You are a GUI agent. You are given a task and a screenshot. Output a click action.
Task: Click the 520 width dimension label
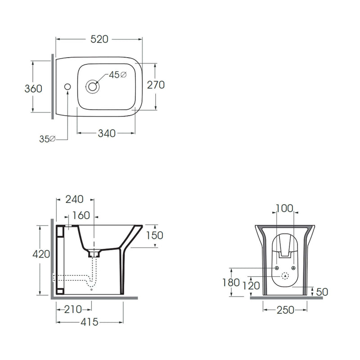99,39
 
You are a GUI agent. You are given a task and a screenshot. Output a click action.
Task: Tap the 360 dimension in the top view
33,89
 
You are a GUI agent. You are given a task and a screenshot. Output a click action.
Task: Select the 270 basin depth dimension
156,85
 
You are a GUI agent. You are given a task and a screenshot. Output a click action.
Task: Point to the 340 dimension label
107,133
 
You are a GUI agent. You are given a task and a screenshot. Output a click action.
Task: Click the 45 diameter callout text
117,75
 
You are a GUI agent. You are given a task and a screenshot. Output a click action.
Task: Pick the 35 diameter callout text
47,139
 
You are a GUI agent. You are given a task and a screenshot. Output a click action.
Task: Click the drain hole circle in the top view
93,86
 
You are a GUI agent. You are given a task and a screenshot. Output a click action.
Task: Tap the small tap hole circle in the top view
67,86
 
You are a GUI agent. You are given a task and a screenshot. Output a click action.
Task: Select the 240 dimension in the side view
74,199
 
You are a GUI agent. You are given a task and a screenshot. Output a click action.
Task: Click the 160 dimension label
81,216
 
